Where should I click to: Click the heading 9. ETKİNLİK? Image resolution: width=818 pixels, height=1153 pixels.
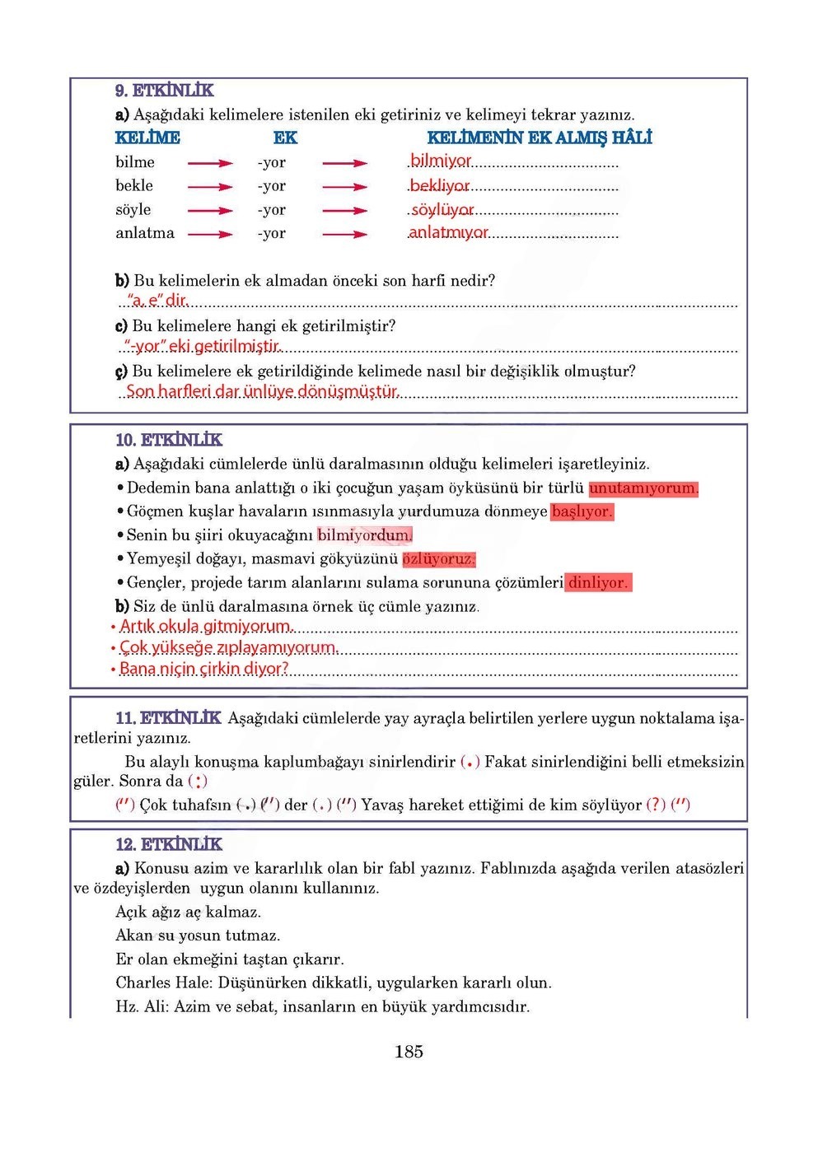click(x=164, y=91)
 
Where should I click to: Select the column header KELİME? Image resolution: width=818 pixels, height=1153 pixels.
click(x=147, y=138)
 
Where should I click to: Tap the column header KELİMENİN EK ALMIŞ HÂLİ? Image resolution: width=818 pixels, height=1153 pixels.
click(x=539, y=138)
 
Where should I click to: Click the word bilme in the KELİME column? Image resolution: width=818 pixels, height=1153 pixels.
click(x=135, y=162)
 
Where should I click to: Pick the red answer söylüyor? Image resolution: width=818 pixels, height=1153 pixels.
click(x=442, y=210)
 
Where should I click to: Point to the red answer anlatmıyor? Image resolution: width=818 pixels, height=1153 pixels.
click(x=449, y=233)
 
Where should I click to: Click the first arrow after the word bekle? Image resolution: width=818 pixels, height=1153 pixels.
click(x=210, y=187)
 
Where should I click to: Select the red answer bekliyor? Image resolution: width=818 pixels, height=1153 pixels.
click(x=440, y=186)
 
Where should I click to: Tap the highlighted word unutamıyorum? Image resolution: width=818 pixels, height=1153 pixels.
click(x=643, y=488)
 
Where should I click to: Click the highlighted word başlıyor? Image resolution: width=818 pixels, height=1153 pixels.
click(x=582, y=511)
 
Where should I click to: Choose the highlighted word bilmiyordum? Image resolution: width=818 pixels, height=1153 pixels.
click(x=364, y=535)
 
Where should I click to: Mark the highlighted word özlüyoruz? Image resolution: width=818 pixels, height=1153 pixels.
click(x=439, y=559)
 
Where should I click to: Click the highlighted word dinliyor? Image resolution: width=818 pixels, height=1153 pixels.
click(x=598, y=583)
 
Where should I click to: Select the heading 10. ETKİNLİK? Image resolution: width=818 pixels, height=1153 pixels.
click(x=169, y=440)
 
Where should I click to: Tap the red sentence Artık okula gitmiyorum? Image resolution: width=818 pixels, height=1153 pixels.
click(x=206, y=627)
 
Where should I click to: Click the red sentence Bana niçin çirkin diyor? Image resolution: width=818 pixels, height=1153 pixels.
click(x=204, y=669)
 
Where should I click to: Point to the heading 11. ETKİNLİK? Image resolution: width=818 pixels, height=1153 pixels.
click(x=168, y=718)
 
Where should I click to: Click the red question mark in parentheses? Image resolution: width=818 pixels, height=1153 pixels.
click(x=656, y=805)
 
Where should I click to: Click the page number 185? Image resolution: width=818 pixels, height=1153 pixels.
click(x=409, y=1052)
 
